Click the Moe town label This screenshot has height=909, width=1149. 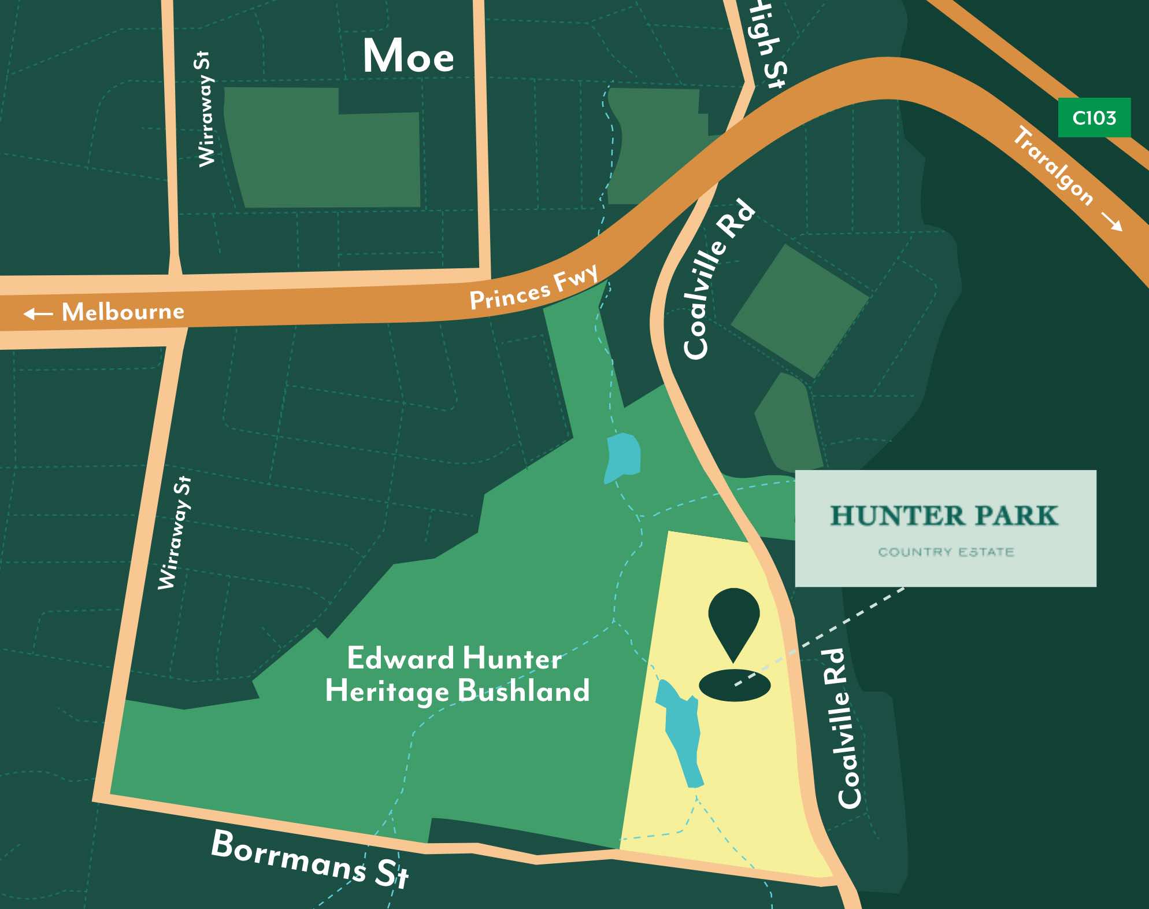point(408,56)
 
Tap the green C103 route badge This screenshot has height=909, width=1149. point(1094,118)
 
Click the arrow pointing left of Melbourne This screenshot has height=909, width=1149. point(38,313)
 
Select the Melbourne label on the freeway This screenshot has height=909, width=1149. point(123,312)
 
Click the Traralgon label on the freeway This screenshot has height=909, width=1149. point(1053,167)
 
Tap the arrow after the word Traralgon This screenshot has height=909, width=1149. point(1111,221)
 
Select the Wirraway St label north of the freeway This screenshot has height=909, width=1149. point(205,109)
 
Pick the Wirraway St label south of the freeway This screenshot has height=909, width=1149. point(175,533)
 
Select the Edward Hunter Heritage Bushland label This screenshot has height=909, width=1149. point(457,675)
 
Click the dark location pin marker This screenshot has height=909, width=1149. point(733,618)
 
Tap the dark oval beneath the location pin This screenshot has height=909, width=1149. point(734,686)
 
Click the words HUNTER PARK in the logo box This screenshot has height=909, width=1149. point(944,516)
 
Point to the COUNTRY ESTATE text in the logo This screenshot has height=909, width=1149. point(946,552)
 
